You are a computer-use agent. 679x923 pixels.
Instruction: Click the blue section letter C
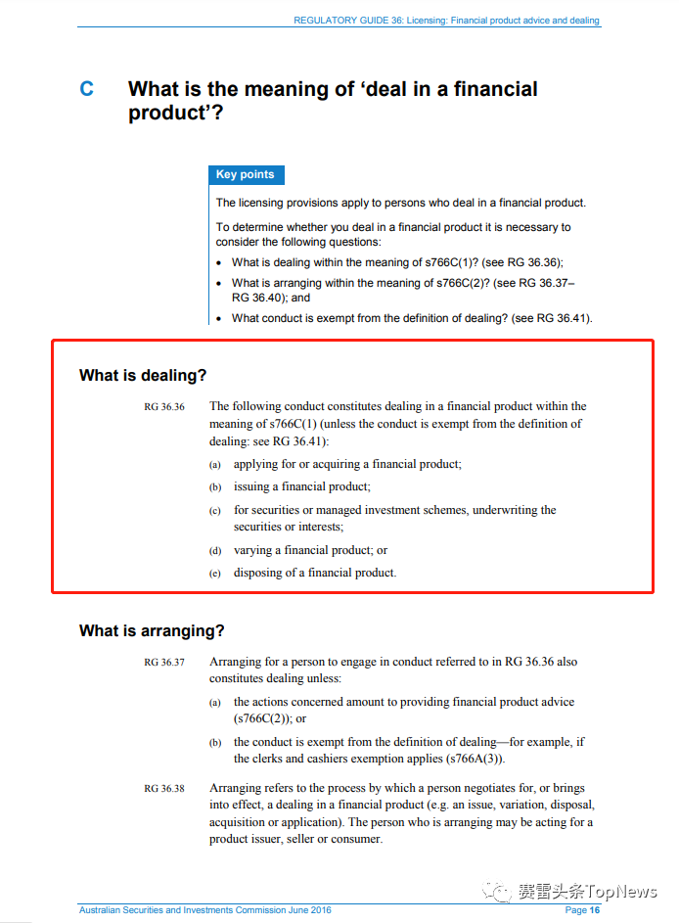[x=87, y=89]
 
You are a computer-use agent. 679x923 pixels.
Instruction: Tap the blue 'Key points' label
[x=245, y=175]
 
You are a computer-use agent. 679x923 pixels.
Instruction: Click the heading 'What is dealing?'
[x=143, y=376]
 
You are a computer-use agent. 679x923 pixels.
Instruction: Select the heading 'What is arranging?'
[x=152, y=631]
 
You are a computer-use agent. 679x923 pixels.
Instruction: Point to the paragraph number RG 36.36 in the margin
[x=163, y=407]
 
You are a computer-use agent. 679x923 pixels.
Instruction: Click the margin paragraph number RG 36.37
[x=163, y=663]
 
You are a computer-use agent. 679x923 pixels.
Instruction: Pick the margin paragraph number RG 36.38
[x=163, y=789]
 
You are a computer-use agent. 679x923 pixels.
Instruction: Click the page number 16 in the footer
[x=594, y=910]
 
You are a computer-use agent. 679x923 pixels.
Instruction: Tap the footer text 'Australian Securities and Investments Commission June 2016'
[x=204, y=910]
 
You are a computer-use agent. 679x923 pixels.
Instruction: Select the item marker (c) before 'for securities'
[x=215, y=511]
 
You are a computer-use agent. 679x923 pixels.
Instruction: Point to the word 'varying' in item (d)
[x=253, y=550]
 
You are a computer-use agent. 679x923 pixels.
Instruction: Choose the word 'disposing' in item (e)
[x=259, y=573]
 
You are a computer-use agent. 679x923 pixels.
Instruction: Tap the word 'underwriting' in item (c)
[x=525, y=510]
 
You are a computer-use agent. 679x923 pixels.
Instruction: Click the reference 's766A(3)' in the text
[x=470, y=759]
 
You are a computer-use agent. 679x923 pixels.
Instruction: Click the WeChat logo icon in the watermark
[x=500, y=892]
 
